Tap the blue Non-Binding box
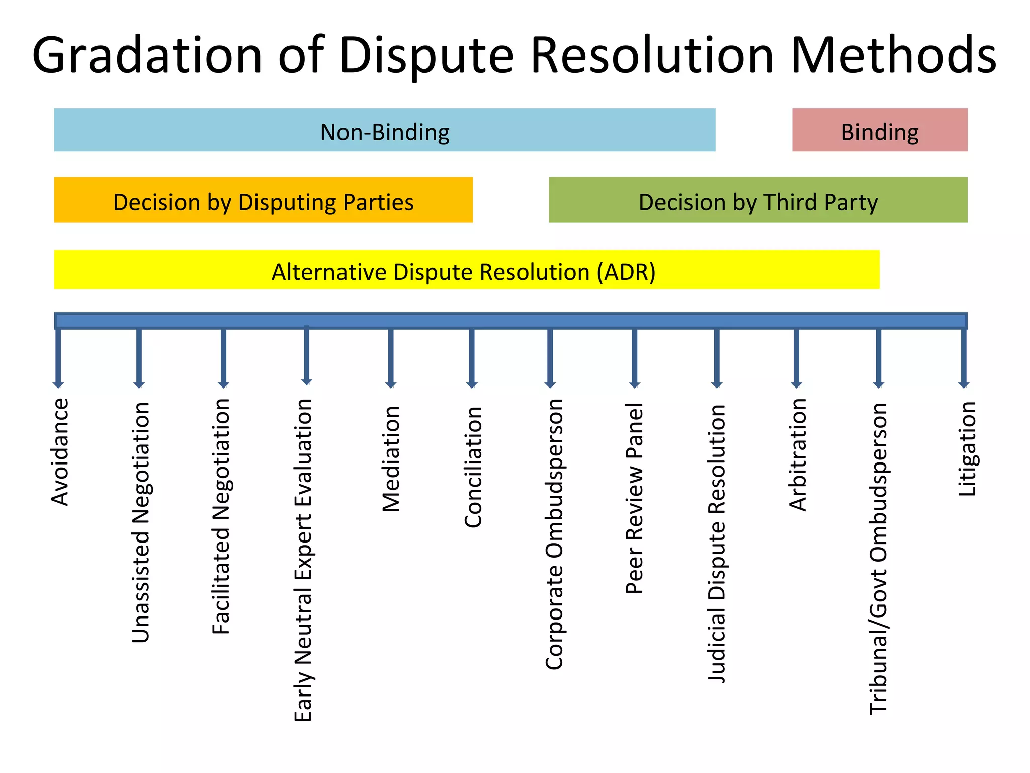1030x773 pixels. [384, 130]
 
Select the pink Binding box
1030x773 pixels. [879, 130]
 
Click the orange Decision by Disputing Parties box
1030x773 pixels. [263, 200]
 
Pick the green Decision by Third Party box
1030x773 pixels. [757, 200]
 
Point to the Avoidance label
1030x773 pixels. [60, 452]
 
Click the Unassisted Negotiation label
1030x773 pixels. [141, 522]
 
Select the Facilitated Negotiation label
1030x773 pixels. [221, 516]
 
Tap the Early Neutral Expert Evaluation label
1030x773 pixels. [303, 560]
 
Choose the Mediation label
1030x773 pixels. [391, 459]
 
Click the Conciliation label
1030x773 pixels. [473, 467]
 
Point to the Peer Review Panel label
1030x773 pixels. [634, 498]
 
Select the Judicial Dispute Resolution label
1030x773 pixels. [717, 544]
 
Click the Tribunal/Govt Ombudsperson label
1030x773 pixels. [878, 559]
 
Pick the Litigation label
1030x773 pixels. [966, 449]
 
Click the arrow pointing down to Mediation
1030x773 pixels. [391, 357]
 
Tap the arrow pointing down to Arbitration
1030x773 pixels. [796, 357]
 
